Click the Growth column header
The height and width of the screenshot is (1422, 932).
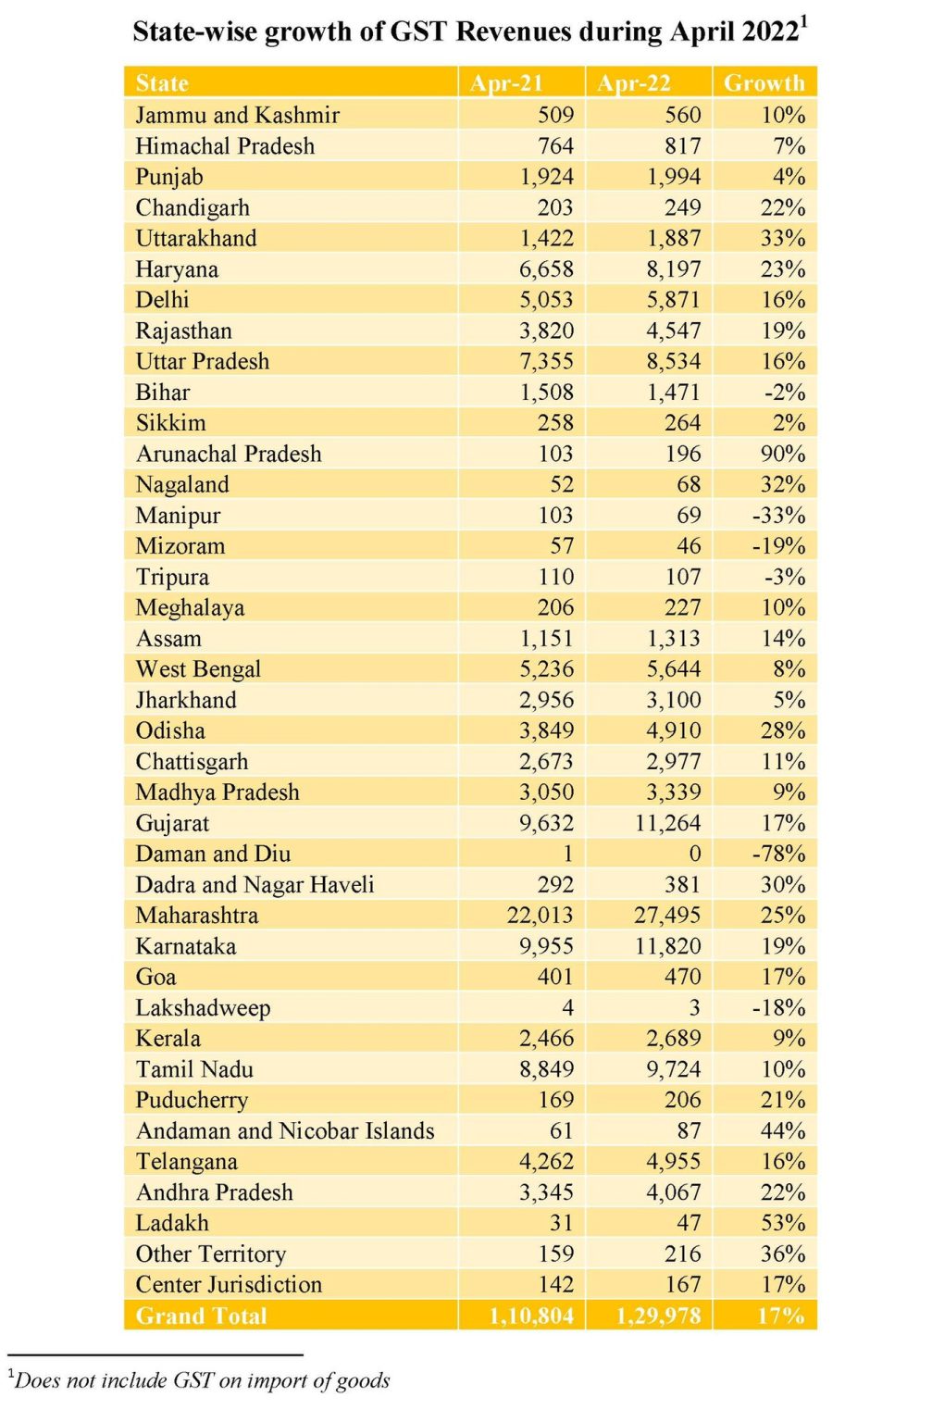point(764,83)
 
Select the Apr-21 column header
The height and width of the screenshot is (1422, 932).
point(505,83)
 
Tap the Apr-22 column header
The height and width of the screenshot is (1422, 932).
point(633,83)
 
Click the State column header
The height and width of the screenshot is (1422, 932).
point(162,83)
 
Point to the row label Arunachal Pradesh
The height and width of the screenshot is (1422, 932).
point(229,454)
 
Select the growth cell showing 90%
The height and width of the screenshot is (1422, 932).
point(783,454)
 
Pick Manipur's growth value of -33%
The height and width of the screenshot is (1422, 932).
point(778,516)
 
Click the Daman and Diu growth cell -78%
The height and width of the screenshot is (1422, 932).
point(778,854)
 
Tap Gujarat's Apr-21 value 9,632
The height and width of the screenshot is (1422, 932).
point(546,823)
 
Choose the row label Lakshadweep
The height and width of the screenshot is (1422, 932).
point(203,1008)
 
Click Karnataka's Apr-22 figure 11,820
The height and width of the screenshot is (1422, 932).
point(668,946)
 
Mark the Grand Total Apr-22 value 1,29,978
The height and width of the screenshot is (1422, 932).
point(659,1316)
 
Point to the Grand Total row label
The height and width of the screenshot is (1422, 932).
point(201,1316)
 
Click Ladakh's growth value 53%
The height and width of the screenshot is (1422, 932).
point(783,1223)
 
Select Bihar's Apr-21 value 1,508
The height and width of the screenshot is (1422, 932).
point(546,393)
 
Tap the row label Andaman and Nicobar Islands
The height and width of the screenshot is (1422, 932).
point(285,1131)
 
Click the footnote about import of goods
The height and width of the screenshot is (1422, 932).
point(199,1380)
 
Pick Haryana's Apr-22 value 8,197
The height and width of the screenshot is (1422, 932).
point(674,269)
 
